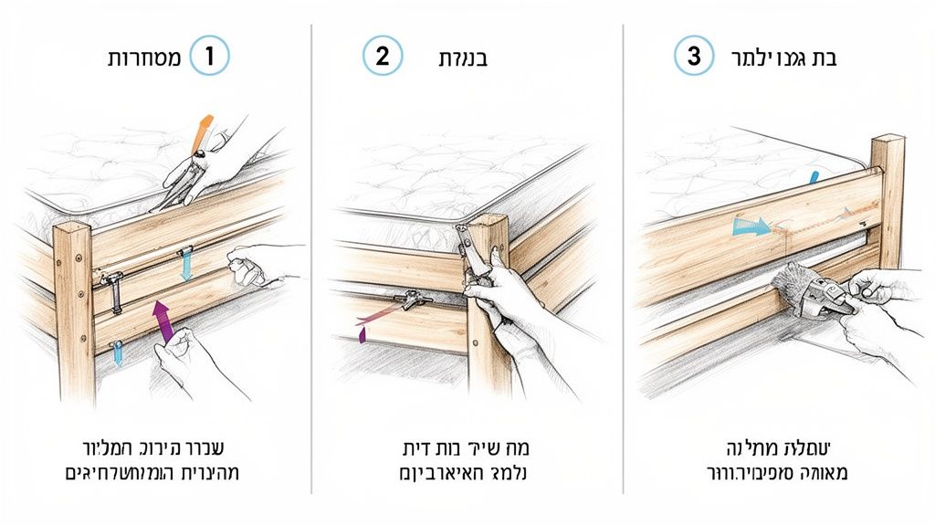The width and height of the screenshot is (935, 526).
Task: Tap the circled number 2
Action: tap(383, 57)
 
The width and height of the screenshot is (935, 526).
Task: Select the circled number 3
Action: tap(693, 57)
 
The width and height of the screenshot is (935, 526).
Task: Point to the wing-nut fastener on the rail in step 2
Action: tap(409, 298)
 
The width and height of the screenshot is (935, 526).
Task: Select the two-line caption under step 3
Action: tap(783, 460)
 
